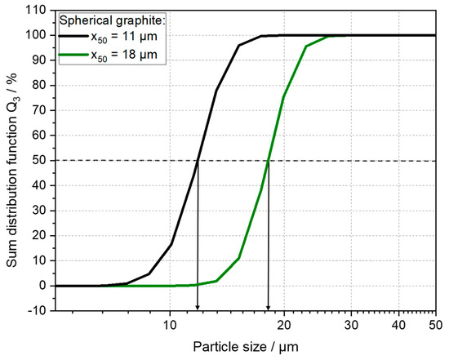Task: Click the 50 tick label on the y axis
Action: (x=36, y=161)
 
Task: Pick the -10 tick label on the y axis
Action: (x=33, y=311)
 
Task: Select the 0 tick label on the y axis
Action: (x=39, y=286)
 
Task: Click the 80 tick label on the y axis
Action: (x=36, y=86)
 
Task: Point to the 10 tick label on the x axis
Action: (x=169, y=325)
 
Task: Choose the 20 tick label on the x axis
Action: (x=283, y=325)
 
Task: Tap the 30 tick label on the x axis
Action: (x=350, y=325)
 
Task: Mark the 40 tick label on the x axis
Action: (x=398, y=325)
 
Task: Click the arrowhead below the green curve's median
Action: (x=269, y=307)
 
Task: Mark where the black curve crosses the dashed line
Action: (x=197, y=161)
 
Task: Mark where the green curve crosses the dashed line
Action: (x=268, y=161)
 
